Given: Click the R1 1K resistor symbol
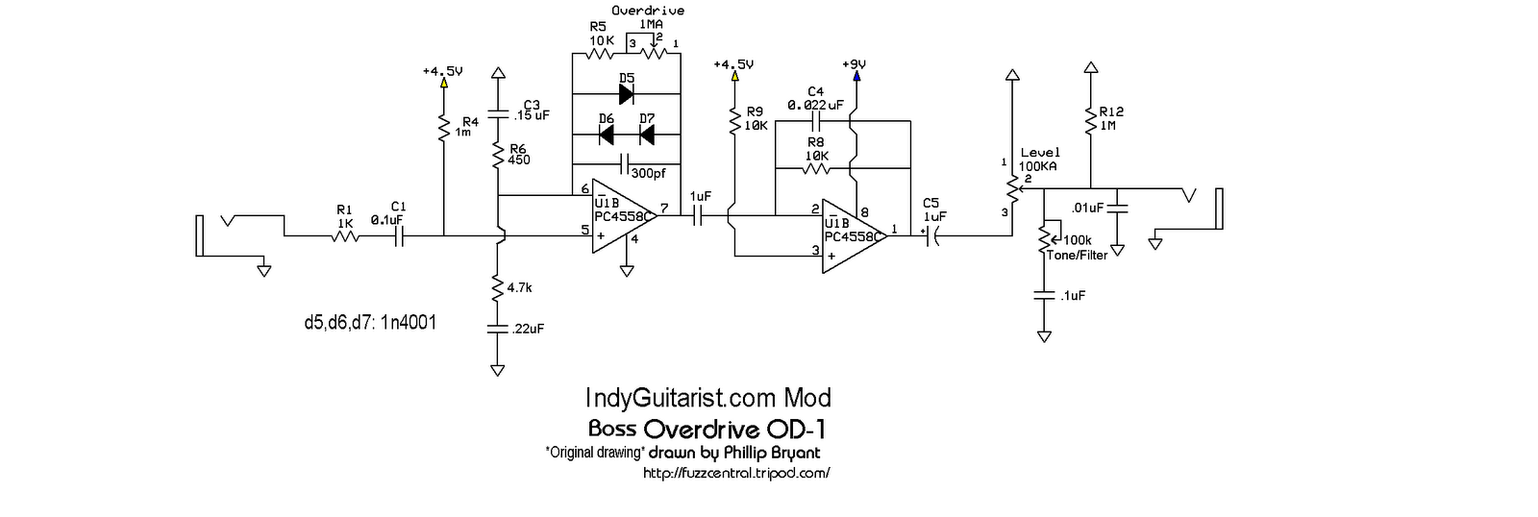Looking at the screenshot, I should click(x=344, y=234).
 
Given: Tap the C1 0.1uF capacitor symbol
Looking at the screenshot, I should click(x=399, y=234).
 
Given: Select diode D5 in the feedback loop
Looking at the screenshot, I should click(x=627, y=94).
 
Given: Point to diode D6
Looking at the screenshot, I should click(x=607, y=135).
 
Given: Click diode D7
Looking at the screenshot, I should click(x=646, y=135).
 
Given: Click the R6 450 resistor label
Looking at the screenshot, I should click(x=519, y=154).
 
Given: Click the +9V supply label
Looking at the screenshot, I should click(x=854, y=64).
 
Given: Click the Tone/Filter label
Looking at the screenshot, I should click(x=1081, y=255).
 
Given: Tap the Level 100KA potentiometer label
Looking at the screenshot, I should click(x=1039, y=160).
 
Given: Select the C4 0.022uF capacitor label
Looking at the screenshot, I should click(x=815, y=98).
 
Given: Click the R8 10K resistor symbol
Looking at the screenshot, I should click(x=815, y=167).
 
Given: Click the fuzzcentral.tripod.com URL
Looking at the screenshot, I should click(x=735, y=473).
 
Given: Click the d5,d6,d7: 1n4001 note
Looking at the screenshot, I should click(x=369, y=323).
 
